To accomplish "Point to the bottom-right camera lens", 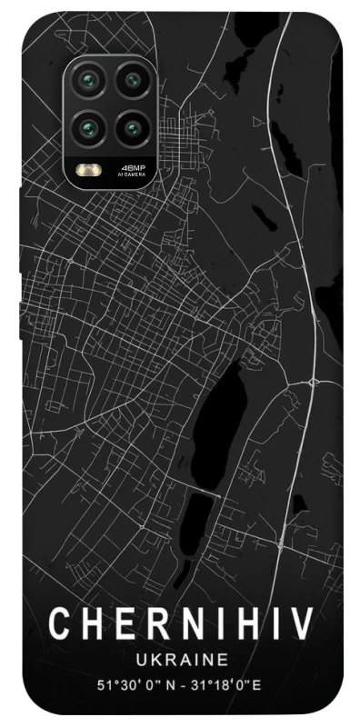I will [133, 126].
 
